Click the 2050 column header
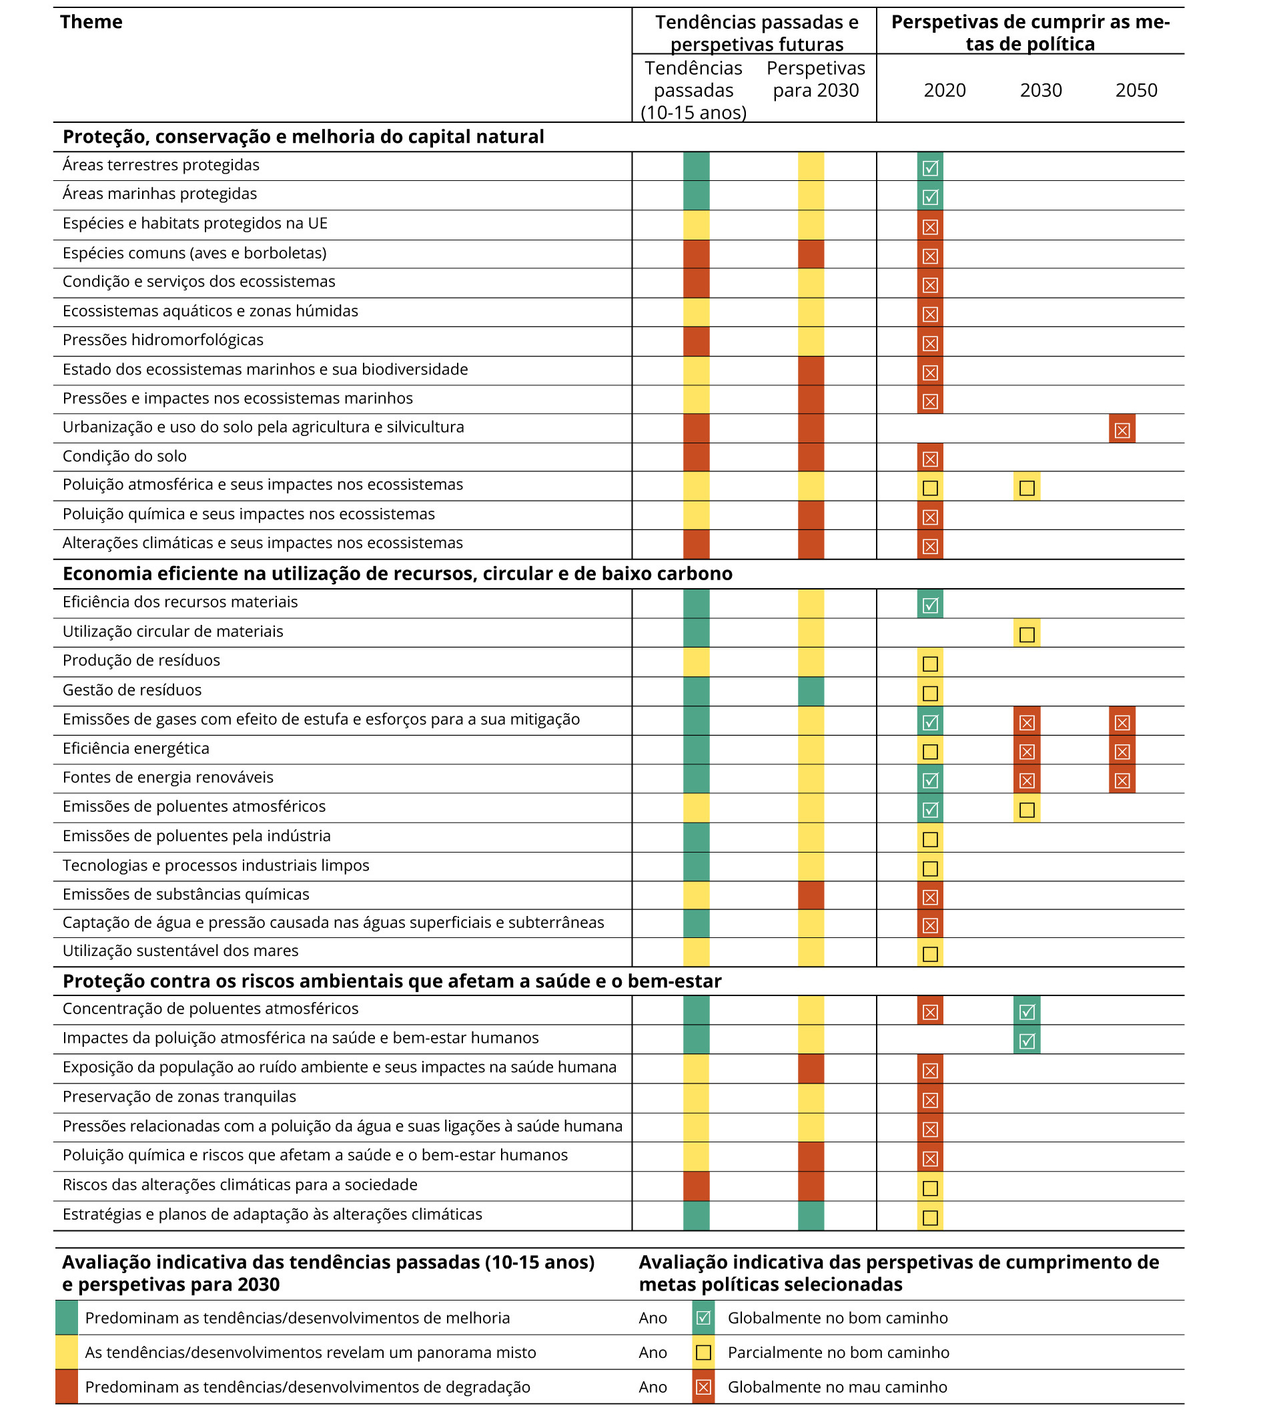(1136, 90)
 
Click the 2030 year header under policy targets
(1040, 90)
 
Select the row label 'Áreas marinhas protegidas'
(159, 194)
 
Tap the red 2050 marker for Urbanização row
(1122, 429)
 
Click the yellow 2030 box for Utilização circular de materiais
(1026, 633)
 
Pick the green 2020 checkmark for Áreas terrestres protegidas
(929, 167)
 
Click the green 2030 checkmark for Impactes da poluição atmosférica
(1026, 1039)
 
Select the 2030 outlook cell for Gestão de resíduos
(811, 691)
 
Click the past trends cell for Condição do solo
(696, 457)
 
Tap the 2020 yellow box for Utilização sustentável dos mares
(929, 953)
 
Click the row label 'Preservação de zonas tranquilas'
(179, 1098)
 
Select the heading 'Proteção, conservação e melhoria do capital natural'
(303, 137)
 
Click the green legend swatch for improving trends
(67, 1318)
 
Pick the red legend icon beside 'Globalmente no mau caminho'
(703, 1387)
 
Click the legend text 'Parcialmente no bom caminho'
(838, 1353)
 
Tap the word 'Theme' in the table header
(91, 22)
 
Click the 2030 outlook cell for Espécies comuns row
(811, 254)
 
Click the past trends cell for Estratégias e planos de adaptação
(696, 1216)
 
